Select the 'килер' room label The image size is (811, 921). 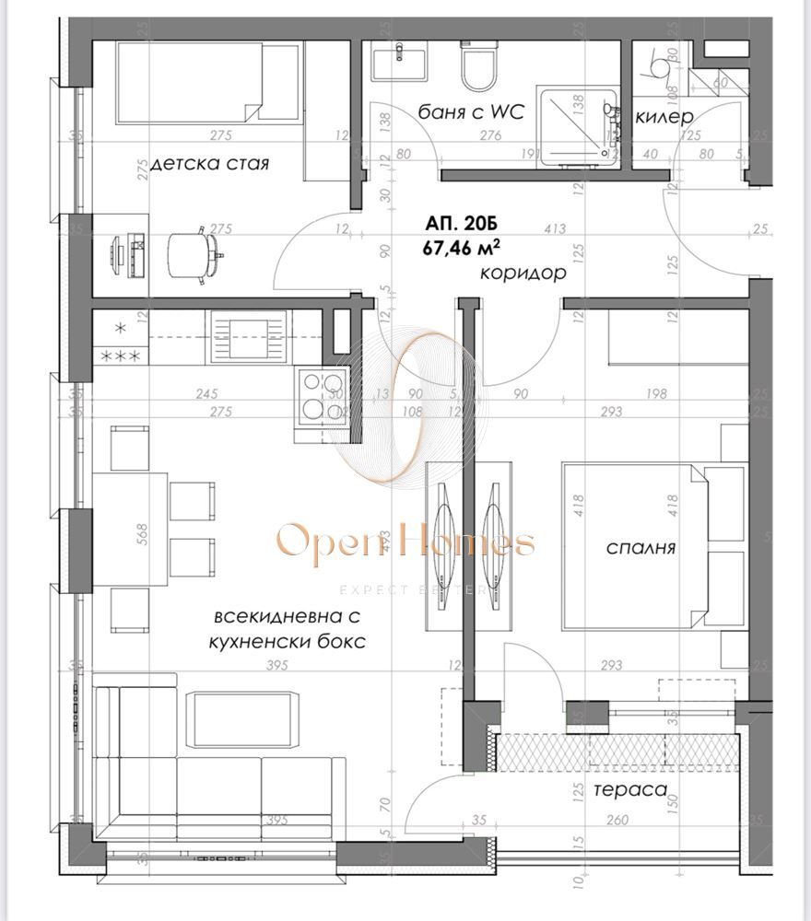(x=664, y=117)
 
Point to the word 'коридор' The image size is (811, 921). (x=523, y=274)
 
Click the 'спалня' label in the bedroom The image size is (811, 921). (x=641, y=547)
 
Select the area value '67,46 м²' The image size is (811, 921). (x=462, y=248)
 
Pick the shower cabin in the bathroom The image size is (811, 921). (x=576, y=124)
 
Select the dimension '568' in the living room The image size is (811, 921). (x=142, y=535)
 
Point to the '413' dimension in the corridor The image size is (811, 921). (x=554, y=228)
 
